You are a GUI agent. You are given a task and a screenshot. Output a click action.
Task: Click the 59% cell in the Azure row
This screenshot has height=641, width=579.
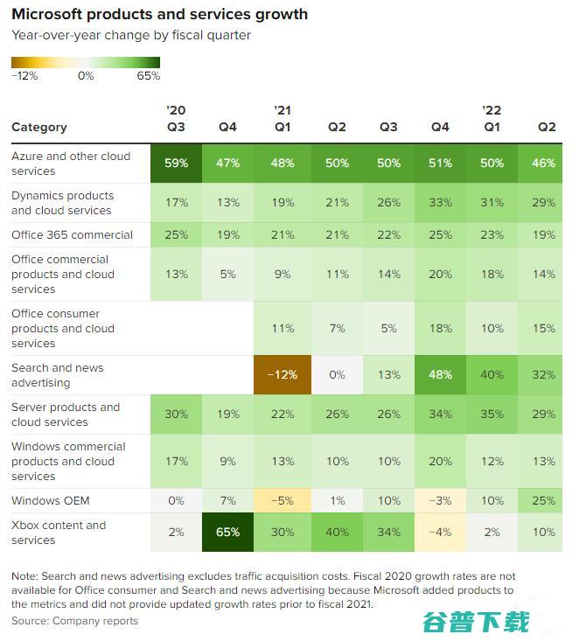[x=176, y=164]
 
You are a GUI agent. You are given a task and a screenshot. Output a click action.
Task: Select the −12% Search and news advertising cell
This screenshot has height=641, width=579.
[x=281, y=375]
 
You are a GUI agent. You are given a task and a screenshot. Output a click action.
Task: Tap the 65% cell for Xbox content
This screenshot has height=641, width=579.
[x=227, y=533]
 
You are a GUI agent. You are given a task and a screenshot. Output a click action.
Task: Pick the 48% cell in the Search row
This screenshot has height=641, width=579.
[x=440, y=375]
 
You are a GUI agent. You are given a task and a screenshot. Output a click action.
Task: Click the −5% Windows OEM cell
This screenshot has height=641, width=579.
[x=281, y=501]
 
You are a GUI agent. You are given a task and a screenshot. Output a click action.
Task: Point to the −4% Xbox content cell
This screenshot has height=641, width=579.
[x=440, y=533]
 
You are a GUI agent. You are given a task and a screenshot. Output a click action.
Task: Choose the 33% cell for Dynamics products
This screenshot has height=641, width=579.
[x=440, y=203]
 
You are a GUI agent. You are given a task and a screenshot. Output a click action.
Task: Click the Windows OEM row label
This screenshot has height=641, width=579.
[x=51, y=501]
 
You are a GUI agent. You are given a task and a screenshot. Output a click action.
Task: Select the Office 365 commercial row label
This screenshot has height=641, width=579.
[x=73, y=234]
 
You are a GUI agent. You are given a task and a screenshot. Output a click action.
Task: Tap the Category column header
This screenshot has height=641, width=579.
[x=39, y=127]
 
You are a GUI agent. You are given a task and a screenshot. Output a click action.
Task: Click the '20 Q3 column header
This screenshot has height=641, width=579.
[x=176, y=119]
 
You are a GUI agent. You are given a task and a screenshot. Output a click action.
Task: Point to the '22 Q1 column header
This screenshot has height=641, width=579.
[x=492, y=119]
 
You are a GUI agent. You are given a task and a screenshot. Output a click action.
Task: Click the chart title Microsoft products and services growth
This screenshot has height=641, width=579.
[x=159, y=15]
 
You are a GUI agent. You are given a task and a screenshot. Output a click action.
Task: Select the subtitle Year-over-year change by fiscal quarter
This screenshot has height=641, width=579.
[x=131, y=35]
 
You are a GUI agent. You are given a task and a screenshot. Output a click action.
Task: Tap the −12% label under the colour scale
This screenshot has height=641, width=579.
[x=24, y=76]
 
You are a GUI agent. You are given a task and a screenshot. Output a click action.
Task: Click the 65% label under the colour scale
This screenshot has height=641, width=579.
[x=149, y=76]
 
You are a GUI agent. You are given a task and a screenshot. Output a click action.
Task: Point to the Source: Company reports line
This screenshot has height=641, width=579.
[x=75, y=621]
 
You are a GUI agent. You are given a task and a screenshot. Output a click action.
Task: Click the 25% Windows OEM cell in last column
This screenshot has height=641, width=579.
[x=547, y=501]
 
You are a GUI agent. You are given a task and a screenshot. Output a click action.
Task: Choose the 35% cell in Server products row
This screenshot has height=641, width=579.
[x=492, y=415]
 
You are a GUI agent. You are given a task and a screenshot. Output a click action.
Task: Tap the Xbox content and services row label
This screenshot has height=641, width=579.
[x=59, y=533]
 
